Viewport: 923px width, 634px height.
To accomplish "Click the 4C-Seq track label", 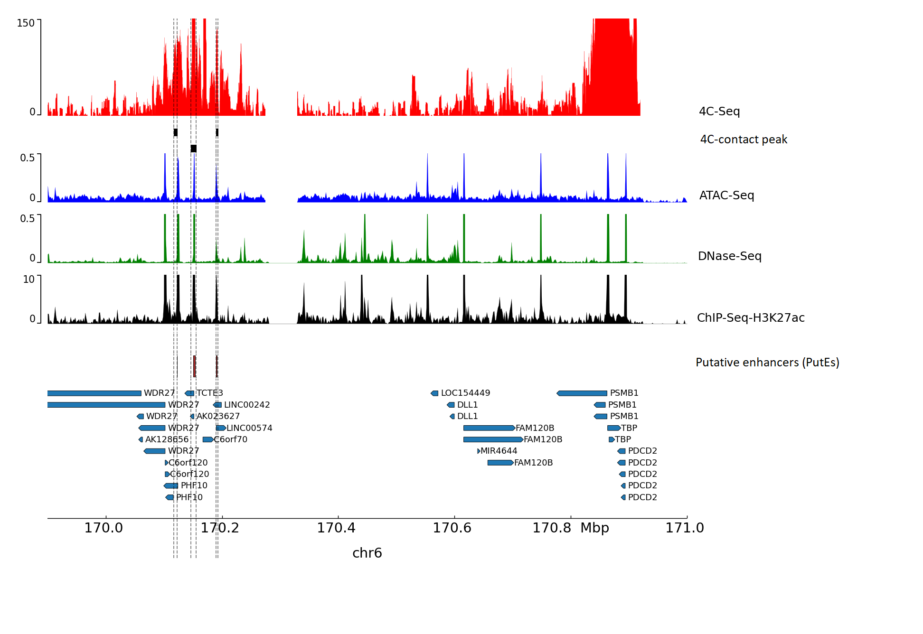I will click(x=719, y=112).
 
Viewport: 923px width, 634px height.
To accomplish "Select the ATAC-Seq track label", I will click(x=726, y=196).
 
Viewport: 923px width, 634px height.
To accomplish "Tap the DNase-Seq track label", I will click(x=729, y=256).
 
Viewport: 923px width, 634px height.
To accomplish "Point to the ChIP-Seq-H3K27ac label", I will click(x=750, y=318).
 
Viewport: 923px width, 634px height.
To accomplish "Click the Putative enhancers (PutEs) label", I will click(x=767, y=363).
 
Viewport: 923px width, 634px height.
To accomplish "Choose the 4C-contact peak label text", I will click(x=743, y=140).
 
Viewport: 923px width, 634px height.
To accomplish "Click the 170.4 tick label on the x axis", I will click(x=336, y=528).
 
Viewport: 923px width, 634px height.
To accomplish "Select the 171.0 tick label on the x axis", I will click(x=684, y=528).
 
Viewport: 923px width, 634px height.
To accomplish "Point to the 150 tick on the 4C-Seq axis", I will click(x=26, y=23).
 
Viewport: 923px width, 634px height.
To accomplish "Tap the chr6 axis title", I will click(x=367, y=553).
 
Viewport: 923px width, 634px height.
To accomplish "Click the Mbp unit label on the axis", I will click(x=594, y=528).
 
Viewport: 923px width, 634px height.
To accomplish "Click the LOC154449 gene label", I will click(x=465, y=393).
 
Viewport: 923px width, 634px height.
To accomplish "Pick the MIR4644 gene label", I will click(x=499, y=451).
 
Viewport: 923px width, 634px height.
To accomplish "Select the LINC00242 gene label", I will click(x=247, y=405).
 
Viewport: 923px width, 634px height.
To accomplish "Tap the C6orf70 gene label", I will click(x=230, y=439).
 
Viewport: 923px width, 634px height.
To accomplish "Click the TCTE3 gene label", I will click(x=209, y=393).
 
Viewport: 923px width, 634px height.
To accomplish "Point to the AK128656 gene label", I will click(x=167, y=439).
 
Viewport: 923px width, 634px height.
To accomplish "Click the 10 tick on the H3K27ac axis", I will click(x=29, y=280).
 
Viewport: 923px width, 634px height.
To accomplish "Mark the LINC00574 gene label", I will click(x=249, y=428).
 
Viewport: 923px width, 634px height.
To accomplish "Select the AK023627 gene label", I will click(x=218, y=416).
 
